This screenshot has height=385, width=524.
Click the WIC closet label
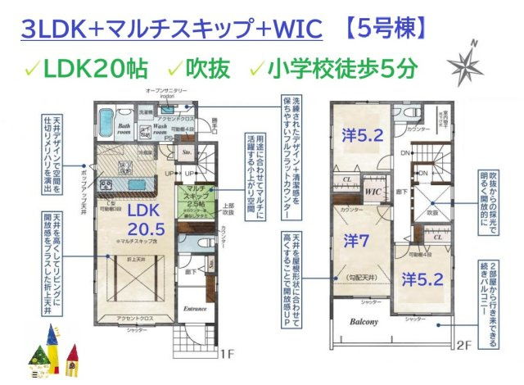tap(375, 191)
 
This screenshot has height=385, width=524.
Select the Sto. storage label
tap(187, 152)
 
